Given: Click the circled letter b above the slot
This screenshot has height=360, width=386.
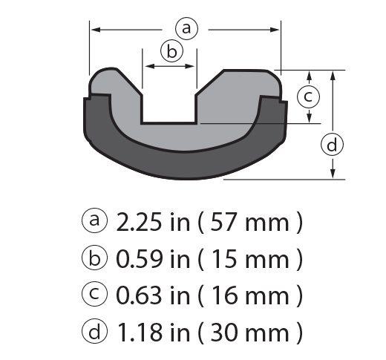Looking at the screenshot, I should coord(171,50).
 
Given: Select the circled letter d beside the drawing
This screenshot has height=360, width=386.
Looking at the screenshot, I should coord(333,145).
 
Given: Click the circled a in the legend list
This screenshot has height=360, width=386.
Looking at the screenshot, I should coord(94,222).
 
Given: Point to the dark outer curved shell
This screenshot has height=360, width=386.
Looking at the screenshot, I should coord(186,160).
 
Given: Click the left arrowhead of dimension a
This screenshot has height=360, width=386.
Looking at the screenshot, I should coord(94,30).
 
